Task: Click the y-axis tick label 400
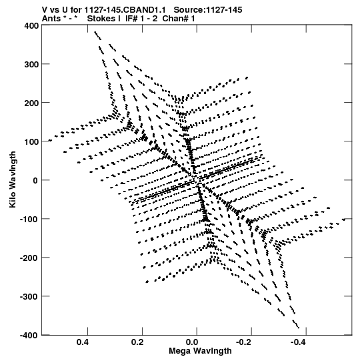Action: (31, 26)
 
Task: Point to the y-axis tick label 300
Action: (31, 65)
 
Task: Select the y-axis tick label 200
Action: (31, 103)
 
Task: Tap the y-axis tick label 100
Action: (31, 142)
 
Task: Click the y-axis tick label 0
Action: (35, 180)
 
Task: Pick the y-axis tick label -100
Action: (29, 219)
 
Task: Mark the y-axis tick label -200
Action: (29, 258)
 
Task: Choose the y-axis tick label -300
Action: (29, 296)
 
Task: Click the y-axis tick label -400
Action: (29, 335)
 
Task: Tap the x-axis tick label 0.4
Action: (83, 342)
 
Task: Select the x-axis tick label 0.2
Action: (137, 342)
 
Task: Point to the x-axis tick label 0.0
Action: (192, 342)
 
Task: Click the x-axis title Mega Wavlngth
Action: (200, 351)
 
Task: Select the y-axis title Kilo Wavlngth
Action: (13, 179)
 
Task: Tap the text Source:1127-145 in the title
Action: (208, 10)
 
